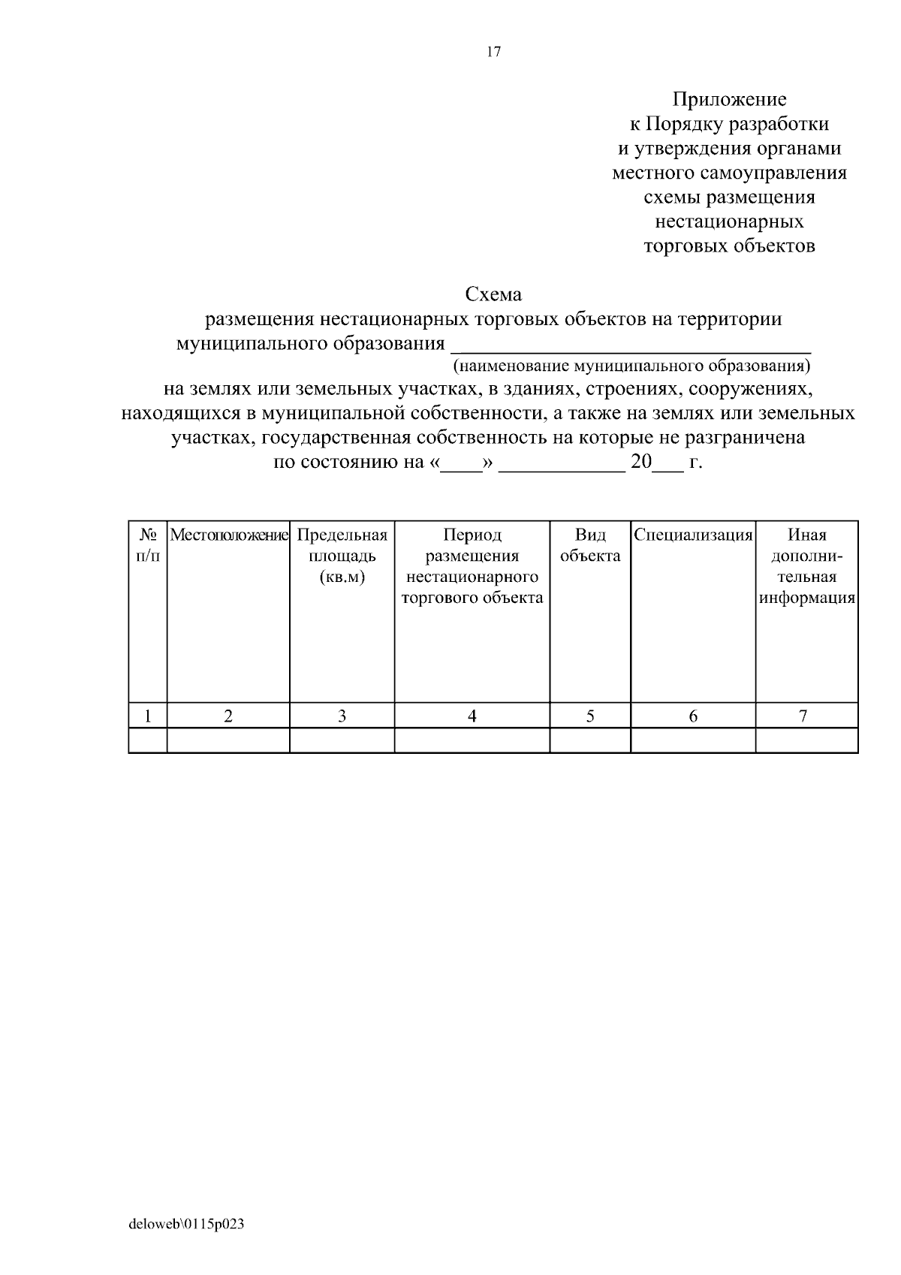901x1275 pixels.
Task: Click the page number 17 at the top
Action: pyautogui.click(x=493, y=52)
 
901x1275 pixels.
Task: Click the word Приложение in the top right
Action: pyautogui.click(x=729, y=99)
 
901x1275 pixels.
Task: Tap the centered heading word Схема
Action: pyautogui.click(x=493, y=294)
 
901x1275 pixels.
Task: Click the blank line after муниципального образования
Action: pyautogui.click(x=630, y=345)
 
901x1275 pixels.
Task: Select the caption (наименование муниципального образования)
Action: pyautogui.click(x=631, y=366)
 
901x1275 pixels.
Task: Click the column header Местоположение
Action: pyautogui.click(x=229, y=535)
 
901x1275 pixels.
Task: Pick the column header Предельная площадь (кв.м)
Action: pyautogui.click(x=342, y=556)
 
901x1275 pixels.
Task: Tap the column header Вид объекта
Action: pyautogui.click(x=590, y=546)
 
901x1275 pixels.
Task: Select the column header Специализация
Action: pyautogui.click(x=693, y=535)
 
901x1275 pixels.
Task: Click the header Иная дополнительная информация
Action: pyautogui.click(x=807, y=567)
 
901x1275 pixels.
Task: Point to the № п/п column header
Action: pyautogui.click(x=148, y=546)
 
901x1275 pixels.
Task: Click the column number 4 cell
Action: pyautogui.click(x=472, y=716)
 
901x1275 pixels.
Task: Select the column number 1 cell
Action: pyautogui.click(x=149, y=716)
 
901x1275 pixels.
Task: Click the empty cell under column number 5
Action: pyautogui.click(x=590, y=740)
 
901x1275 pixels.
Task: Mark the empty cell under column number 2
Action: pyautogui.click(x=228, y=740)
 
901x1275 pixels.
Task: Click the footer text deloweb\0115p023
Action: pyautogui.click(x=187, y=1225)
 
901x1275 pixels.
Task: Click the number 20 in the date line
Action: pyautogui.click(x=641, y=462)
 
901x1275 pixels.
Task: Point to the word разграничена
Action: pyautogui.click(x=740, y=438)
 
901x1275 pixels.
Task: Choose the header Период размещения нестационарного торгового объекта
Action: pyautogui.click(x=472, y=567)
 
